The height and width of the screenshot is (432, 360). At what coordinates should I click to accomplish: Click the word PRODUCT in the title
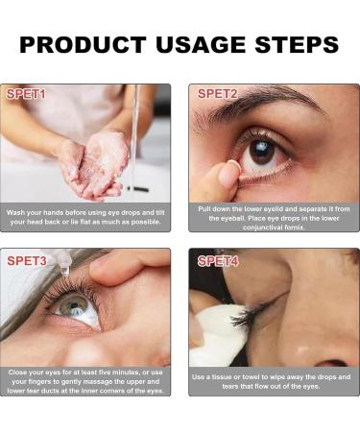(83, 44)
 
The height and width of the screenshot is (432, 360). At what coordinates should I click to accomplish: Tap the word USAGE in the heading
(201, 44)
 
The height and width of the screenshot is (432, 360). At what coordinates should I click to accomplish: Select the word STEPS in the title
(297, 44)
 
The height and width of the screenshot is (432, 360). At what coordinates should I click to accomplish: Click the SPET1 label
(26, 94)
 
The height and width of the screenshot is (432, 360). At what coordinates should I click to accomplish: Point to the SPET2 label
(218, 94)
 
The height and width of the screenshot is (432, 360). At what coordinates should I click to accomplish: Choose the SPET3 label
(27, 261)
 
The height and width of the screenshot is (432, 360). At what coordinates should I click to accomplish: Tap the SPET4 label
(218, 261)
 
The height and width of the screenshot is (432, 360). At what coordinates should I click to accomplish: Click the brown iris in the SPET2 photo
(262, 152)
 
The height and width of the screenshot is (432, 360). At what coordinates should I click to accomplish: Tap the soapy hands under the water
(94, 165)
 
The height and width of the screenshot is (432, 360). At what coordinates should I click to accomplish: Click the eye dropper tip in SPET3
(65, 271)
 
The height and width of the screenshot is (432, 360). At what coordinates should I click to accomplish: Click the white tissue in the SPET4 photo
(219, 333)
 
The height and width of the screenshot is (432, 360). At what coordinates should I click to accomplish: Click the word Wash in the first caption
(15, 212)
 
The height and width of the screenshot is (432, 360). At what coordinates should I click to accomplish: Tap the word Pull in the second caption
(204, 209)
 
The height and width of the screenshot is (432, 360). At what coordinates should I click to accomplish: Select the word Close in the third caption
(17, 372)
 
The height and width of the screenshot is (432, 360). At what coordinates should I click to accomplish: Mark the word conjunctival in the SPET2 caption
(262, 228)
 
